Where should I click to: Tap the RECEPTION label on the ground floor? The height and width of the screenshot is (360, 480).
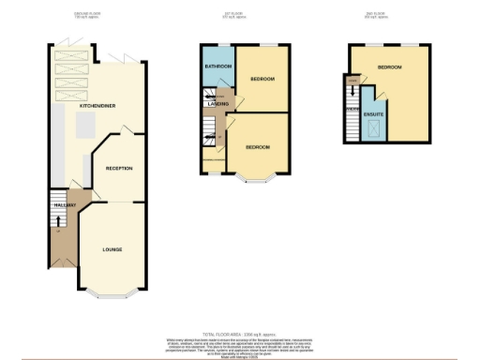(119, 168)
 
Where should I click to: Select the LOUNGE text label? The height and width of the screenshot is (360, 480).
(112, 249)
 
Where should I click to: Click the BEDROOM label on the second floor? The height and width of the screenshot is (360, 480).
(390, 67)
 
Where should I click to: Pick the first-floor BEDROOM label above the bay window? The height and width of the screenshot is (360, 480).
(258, 147)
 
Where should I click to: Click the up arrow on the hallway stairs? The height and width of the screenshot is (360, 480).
(60, 221)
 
